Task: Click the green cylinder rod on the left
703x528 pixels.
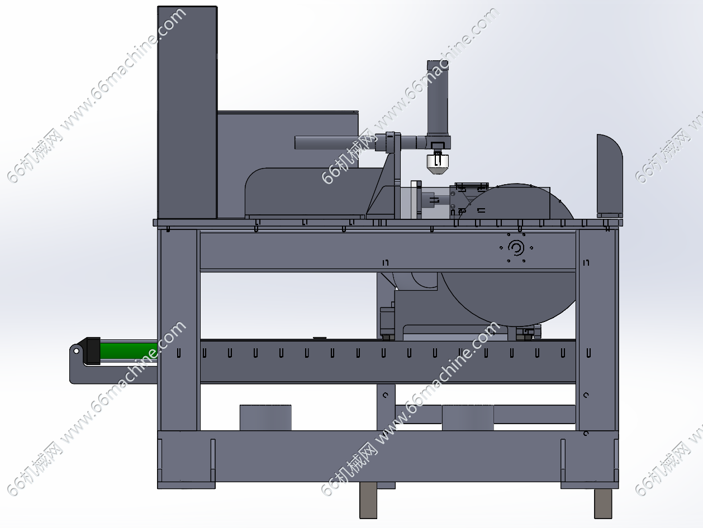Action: point(129,351)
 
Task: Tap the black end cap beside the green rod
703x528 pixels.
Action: point(93,351)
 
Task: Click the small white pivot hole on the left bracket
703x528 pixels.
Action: point(76,351)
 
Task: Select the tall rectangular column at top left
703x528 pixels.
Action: point(187,112)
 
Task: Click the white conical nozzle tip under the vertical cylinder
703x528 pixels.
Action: point(437,164)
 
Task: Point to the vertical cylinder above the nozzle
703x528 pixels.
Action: point(438,99)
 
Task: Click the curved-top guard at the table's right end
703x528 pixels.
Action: point(610,176)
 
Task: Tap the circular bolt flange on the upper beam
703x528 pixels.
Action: point(516,248)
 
